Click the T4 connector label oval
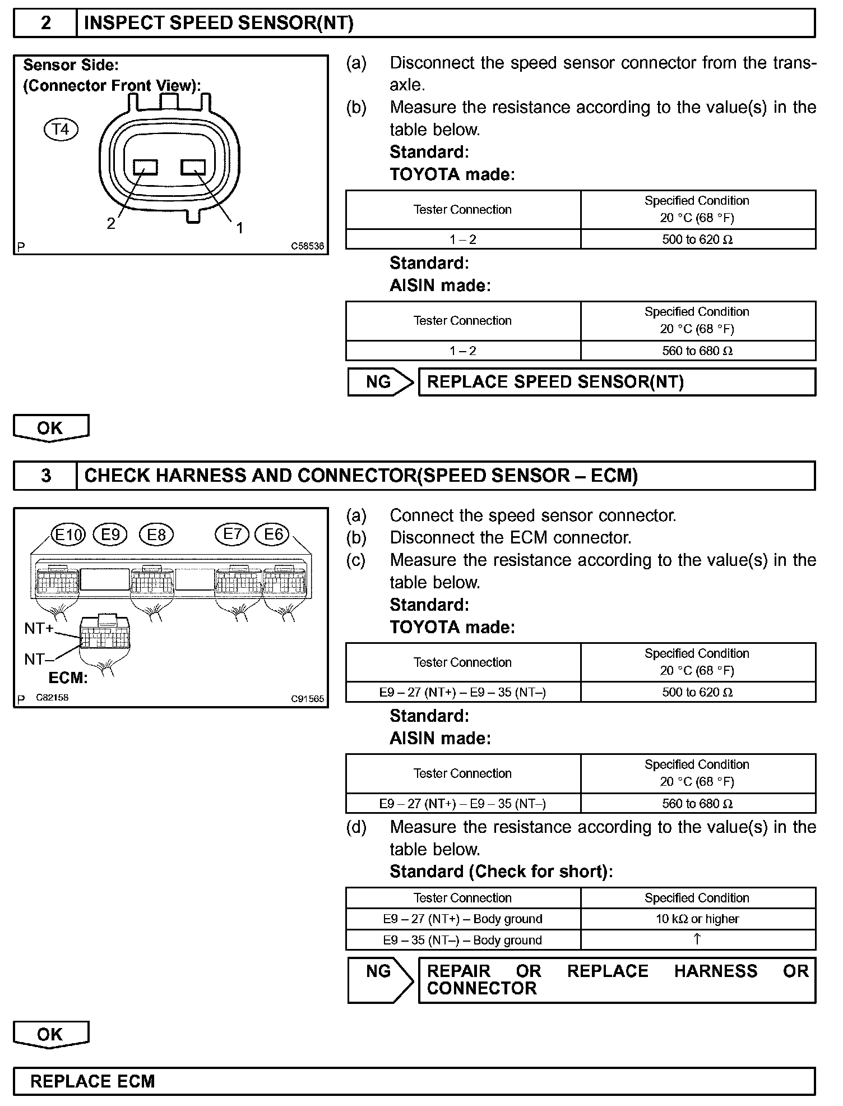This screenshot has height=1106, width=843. point(61,130)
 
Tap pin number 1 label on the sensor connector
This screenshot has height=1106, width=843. point(240,228)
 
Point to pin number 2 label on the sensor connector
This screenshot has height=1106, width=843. point(111,224)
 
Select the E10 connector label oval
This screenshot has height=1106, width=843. point(68,534)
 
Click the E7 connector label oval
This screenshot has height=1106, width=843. point(232,533)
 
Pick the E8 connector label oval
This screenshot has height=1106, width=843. point(156,534)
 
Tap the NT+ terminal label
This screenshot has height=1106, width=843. point(39,628)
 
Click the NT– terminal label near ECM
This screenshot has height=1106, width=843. point(35,659)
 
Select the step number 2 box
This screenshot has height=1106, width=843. point(45,23)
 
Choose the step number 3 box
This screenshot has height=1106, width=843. point(45,476)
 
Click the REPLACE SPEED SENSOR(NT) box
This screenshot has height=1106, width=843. point(617,382)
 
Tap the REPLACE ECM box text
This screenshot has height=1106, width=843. point(92,1081)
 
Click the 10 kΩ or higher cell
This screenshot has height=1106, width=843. point(697,919)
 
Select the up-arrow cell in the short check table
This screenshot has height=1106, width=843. point(697,939)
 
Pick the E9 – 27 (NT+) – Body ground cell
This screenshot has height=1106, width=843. point(462,919)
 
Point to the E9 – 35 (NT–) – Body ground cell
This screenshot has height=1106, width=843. point(462,940)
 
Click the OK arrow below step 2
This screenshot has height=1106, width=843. point(50,428)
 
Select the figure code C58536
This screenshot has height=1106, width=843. point(307,246)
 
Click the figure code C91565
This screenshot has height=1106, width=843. point(307,699)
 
